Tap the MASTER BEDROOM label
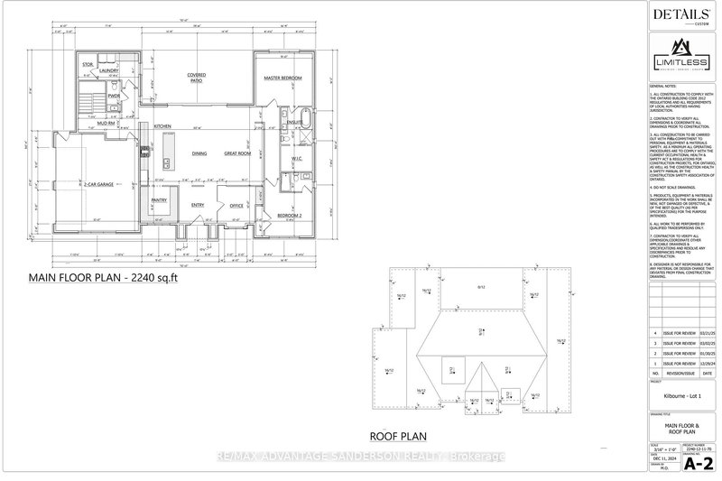[282, 79]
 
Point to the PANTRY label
[160, 200]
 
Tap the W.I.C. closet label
[296, 160]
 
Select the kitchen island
[168, 163]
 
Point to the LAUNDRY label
[110, 70]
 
